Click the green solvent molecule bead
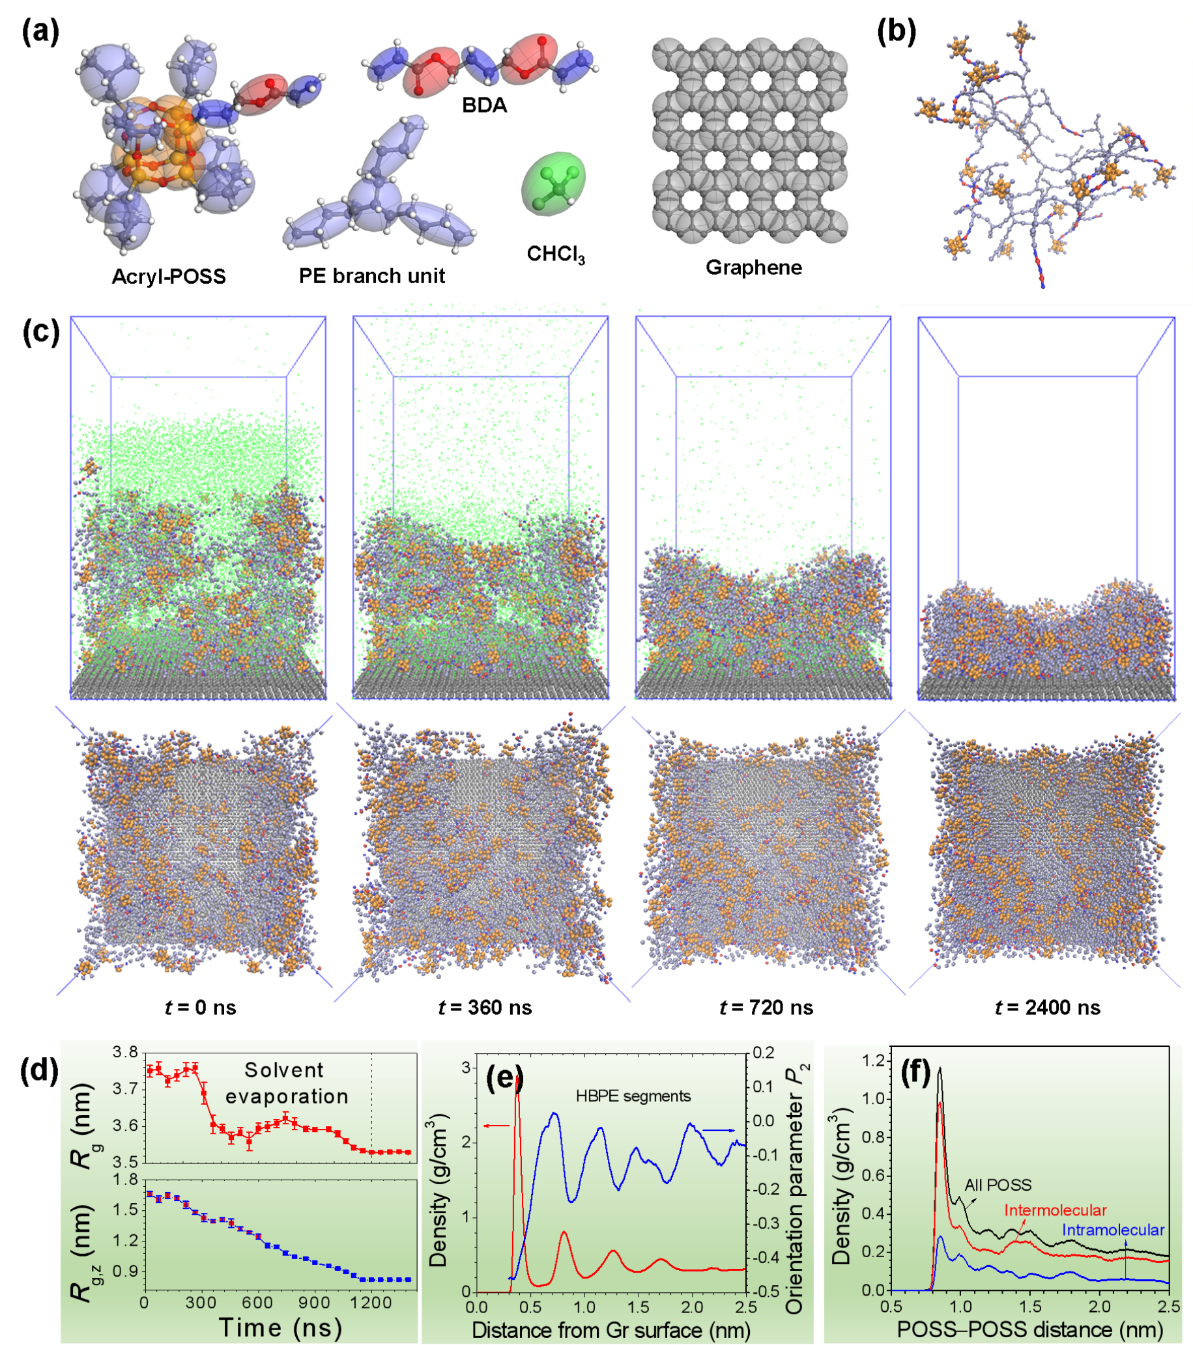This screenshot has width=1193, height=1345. click(554, 184)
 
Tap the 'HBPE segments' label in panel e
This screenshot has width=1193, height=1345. click(633, 1096)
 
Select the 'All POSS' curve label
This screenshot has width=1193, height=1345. click(998, 1185)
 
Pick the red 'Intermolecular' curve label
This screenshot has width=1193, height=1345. click(1055, 1210)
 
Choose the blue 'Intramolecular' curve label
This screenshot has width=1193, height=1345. click(1113, 1230)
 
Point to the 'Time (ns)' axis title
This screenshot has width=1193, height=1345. click(280, 1327)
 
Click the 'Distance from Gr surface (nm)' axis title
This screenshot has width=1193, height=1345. click(611, 1330)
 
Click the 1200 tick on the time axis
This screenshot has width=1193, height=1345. click(371, 1302)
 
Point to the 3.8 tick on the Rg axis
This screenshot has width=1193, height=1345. click(125, 1053)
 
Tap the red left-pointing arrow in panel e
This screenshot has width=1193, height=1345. click(496, 1126)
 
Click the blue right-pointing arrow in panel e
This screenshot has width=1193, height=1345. click(719, 1130)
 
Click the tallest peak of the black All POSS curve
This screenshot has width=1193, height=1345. click(940, 1068)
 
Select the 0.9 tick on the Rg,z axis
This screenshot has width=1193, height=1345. click(125, 1271)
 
